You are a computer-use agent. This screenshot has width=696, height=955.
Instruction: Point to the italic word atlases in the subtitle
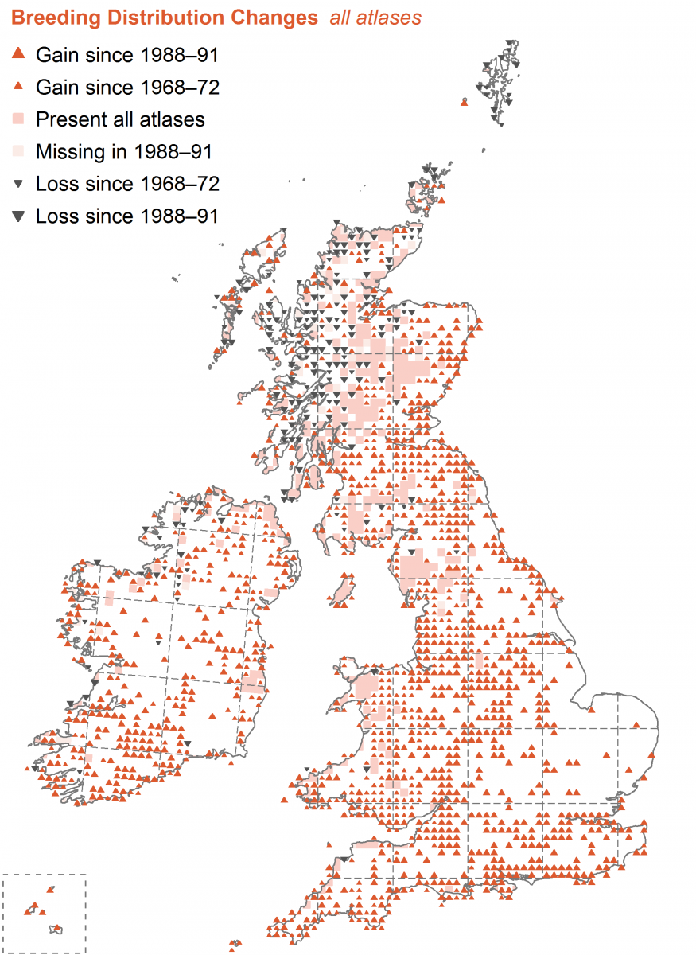pyautogui.click(x=391, y=17)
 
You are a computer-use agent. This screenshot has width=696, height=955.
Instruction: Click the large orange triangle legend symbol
pyautogui.click(x=19, y=54)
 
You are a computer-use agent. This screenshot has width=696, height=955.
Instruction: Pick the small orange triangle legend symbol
pyautogui.click(x=19, y=88)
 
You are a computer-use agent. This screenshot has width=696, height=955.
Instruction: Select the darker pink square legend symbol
pyautogui.click(x=19, y=119)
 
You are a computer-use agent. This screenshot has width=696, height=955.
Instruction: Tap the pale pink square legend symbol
pyautogui.click(x=19, y=151)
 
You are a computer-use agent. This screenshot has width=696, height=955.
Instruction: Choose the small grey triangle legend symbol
pyautogui.click(x=19, y=184)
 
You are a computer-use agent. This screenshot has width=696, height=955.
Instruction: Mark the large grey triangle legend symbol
pyautogui.click(x=19, y=216)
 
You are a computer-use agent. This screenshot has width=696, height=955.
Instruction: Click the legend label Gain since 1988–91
pyautogui.click(x=127, y=55)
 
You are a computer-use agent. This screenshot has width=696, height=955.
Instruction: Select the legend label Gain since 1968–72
pyautogui.click(x=127, y=87)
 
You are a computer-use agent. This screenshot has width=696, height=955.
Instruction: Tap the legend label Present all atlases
pyautogui.click(x=120, y=119)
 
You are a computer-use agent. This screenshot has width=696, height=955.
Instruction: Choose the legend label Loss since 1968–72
pyautogui.click(x=127, y=184)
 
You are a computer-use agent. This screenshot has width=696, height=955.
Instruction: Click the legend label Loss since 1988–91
pyautogui.click(x=127, y=216)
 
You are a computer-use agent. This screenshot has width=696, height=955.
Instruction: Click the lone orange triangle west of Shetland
pyautogui.click(x=465, y=102)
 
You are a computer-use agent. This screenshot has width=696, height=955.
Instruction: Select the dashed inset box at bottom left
pyautogui.click(x=44, y=913)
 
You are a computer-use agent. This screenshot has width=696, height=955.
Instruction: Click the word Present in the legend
pyautogui.click(x=68, y=119)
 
